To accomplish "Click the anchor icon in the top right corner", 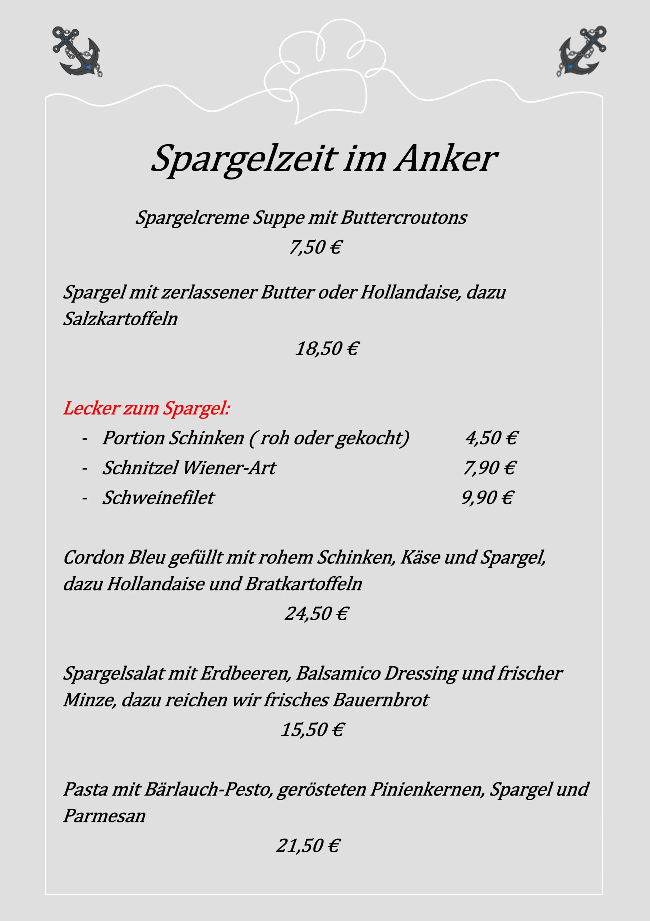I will coord(582,52).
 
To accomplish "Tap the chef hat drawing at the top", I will coord(324,72).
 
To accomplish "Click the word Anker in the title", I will coord(446,159).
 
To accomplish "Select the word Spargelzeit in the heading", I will coord(244,159).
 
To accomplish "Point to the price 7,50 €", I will coord(315,247).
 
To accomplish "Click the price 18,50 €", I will coord(327,348).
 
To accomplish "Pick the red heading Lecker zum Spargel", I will coord(147,408).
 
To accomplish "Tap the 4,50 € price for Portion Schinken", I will coord(491,437).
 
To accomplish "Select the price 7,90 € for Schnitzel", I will coord(489,468).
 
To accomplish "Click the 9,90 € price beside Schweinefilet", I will coord(487,498).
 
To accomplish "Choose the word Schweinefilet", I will coord(159,498).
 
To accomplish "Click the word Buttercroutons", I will coord(404,218).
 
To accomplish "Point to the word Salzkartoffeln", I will coord(120,319).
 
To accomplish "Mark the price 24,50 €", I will coord(316,614).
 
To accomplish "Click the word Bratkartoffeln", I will coord(303,584).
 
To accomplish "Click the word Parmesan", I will coord(104,816).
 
